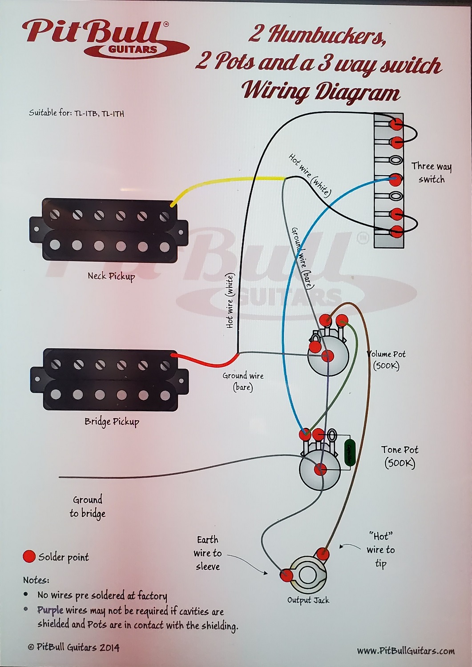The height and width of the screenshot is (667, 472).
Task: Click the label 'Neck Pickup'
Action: tap(111, 276)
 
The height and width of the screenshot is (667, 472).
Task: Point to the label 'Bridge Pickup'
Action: tap(112, 422)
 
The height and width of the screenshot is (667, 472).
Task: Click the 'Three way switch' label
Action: tap(431, 173)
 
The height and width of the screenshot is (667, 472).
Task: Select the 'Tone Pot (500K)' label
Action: tap(399, 456)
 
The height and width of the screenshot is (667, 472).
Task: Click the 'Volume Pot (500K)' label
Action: tap(386, 360)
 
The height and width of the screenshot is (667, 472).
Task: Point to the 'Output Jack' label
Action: tap(308, 600)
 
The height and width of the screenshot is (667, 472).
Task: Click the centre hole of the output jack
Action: tap(307, 575)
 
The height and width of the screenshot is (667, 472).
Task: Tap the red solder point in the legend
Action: tap(29, 556)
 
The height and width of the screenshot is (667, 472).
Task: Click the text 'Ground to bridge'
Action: tap(88, 506)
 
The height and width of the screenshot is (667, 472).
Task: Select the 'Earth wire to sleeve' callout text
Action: tap(207, 553)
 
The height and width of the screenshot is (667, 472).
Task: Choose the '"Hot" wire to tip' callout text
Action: tap(380, 550)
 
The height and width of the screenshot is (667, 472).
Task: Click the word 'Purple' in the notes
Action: tap(50, 610)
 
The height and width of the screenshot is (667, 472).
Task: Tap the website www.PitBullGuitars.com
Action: tap(405, 651)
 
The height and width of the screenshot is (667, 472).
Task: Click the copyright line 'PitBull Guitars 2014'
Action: tap(74, 647)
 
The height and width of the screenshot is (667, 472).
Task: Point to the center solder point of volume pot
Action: tap(327, 355)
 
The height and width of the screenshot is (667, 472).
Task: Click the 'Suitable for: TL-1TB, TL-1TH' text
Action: tap(77, 113)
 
